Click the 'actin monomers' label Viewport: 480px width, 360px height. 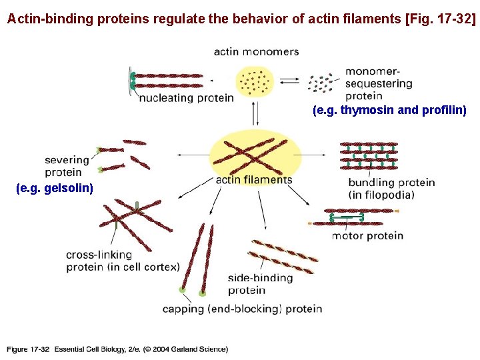[256, 51]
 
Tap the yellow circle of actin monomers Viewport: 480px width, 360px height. [255, 82]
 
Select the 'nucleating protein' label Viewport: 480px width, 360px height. [187, 98]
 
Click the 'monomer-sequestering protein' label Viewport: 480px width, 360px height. [379, 83]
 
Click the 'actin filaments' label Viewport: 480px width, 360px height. [254, 179]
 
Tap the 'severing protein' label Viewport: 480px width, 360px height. [67, 165]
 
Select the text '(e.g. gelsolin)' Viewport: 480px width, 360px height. [55, 189]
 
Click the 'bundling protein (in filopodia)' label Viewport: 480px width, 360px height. [391, 188]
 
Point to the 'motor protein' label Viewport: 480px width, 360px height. [367, 235]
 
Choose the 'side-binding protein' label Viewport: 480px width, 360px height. [260, 283]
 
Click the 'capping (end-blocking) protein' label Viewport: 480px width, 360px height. [242, 309]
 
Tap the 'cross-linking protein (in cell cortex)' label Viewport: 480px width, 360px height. [123, 261]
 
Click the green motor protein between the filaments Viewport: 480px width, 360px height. [347, 215]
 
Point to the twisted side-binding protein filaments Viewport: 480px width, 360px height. [281, 256]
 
